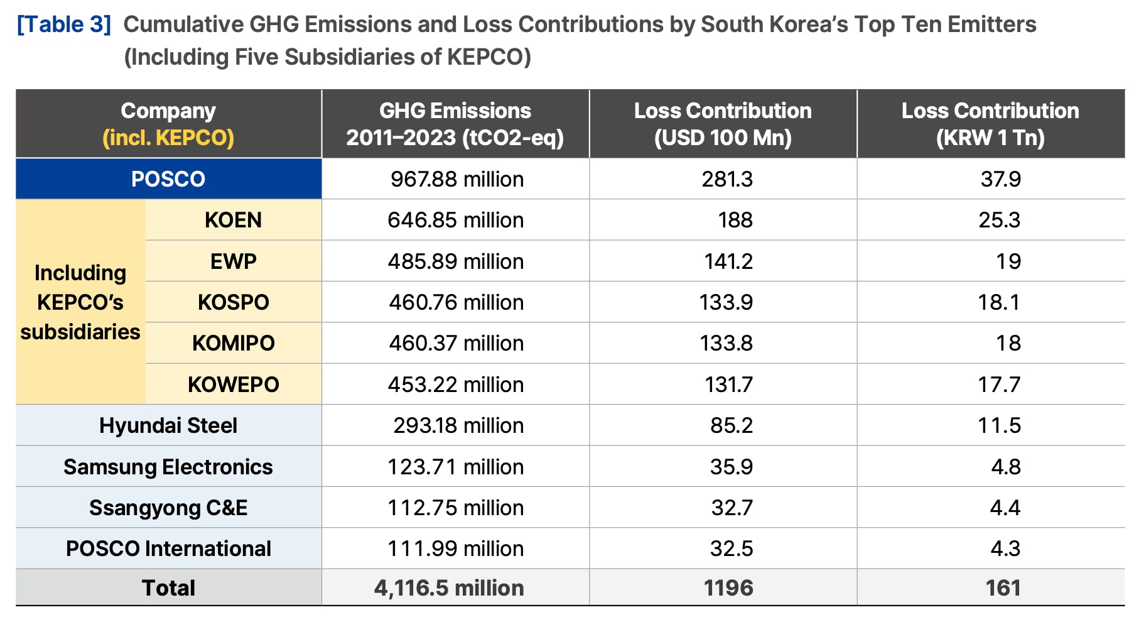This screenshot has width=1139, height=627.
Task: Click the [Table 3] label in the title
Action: point(64,25)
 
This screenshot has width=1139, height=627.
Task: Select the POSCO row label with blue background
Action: point(168,179)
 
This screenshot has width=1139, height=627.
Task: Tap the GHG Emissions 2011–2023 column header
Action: point(455,124)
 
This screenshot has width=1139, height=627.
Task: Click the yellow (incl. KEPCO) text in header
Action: point(168,138)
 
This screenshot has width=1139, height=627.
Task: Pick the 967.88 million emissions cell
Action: point(456,179)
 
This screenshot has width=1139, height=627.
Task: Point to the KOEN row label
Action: point(233,220)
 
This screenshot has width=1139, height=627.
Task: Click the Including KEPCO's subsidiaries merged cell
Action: point(80,302)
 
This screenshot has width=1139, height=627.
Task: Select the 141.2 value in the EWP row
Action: point(728,261)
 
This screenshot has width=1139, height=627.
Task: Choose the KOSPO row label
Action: point(233,302)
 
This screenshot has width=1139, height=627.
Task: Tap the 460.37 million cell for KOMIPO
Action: point(456,343)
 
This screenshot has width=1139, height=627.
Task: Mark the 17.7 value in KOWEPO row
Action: point(999,384)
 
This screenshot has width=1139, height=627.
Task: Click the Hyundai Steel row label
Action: point(168,425)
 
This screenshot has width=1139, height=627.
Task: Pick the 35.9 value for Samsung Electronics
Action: point(731,467)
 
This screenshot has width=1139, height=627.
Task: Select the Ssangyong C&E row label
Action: point(168,508)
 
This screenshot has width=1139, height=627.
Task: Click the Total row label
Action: point(168,588)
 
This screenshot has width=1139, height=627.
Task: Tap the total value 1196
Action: point(728,588)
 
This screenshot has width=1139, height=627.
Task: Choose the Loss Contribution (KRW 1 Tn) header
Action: point(990,124)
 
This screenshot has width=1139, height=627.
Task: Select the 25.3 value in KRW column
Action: point(999,220)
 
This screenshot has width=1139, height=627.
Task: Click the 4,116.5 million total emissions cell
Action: point(449,588)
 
